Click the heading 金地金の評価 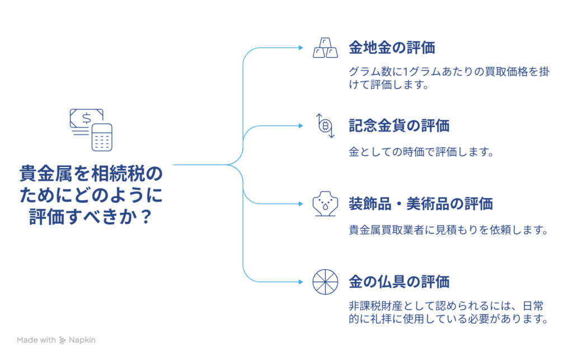392,48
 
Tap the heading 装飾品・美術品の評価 420,203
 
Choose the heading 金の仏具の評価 399,281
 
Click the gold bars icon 325,48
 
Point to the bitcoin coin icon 325,126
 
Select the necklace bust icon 325,204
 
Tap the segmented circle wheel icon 325,282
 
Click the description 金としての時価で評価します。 421,152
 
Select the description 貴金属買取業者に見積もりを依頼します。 447,230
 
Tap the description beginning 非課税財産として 447,313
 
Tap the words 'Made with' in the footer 36,340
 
